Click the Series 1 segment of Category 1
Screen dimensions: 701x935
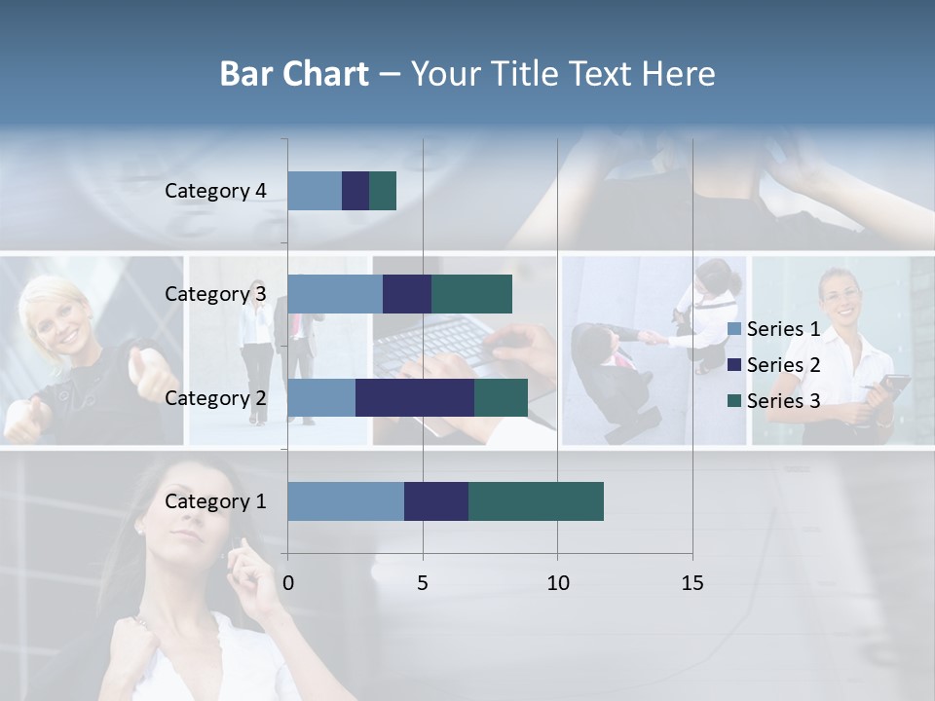tap(346, 501)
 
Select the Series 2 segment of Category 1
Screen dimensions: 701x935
tap(436, 501)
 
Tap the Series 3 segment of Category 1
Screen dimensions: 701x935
tap(536, 501)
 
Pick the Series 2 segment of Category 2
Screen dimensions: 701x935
tap(415, 397)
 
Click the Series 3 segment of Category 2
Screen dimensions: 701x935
tap(501, 397)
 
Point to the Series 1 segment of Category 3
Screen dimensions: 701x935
tap(335, 294)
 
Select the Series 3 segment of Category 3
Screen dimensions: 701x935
tap(471, 294)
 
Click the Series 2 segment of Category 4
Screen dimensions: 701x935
tap(355, 191)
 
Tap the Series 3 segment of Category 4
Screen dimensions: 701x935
tap(383, 191)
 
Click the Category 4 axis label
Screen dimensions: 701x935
tap(215, 191)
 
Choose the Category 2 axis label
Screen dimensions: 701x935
tap(215, 397)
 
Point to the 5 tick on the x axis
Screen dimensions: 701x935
tap(423, 583)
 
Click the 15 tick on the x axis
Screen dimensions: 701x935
tap(692, 583)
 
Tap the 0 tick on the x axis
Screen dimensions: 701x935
tap(288, 583)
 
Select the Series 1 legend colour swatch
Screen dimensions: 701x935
tap(734, 329)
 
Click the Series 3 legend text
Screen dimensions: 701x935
tap(783, 401)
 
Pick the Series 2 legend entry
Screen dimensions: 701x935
tap(774, 365)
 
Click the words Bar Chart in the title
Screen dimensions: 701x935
tap(294, 74)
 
